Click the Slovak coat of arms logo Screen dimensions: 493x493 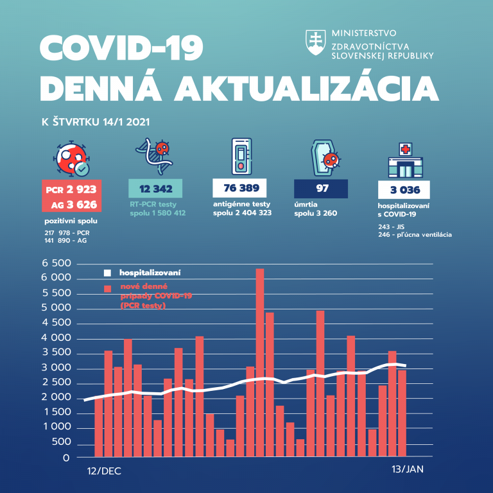[316, 42]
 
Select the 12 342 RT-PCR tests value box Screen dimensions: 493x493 [156, 189]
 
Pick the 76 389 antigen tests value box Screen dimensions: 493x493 [240, 189]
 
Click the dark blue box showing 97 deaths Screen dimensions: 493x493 [321, 189]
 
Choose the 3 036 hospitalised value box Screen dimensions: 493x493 [403, 189]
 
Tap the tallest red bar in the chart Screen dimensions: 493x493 [260, 363]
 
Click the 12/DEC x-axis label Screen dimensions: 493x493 [103, 471]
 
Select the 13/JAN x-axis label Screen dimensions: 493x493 [407, 470]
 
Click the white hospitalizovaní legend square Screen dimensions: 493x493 [108, 273]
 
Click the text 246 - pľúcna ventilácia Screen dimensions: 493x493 [415, 235]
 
